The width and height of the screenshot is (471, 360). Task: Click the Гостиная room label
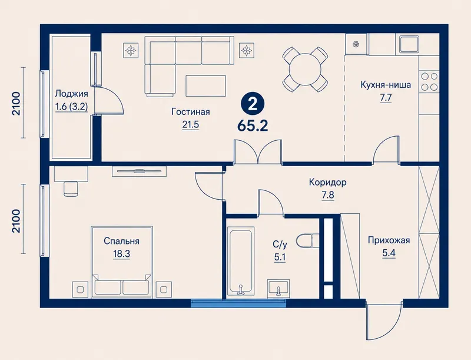[191, 112]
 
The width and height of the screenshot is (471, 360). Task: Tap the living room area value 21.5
[191, 124]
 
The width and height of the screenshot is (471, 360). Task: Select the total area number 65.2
[253, 126]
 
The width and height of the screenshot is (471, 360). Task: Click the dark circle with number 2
[253, 104]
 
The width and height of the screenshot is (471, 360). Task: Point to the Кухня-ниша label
[386, 85]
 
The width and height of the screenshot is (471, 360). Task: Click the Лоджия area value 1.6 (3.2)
[71, 107]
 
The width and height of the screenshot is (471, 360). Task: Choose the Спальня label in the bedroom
[121, 241]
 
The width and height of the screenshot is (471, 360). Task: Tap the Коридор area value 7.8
[328, 195]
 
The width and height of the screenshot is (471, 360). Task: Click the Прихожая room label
[389, 240]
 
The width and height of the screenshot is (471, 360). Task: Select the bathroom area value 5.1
[280, 257]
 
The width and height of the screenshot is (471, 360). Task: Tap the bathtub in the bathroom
[241, 260]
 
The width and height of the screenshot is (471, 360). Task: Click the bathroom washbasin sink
[278, 287]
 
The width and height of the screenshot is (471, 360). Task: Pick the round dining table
[305, 70]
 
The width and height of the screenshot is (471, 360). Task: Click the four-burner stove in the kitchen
[429, 81]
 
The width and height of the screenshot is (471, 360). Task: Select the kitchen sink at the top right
[409, 44]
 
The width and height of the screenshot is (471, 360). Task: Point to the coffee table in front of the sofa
[205, 86]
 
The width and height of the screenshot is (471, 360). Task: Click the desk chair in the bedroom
[71, 188]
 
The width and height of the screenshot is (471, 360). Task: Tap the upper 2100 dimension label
[16, 103]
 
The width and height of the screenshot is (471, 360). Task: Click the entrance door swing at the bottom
[384, 321]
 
